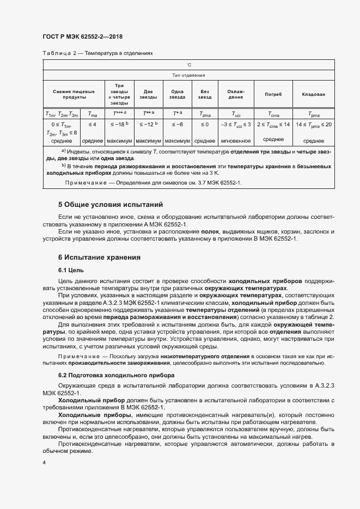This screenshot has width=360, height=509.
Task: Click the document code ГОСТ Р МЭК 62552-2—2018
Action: [x=82, y=36]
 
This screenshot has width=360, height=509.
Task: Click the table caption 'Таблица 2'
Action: [x=58, y=54]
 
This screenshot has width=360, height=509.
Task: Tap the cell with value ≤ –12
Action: [x=148, y=125]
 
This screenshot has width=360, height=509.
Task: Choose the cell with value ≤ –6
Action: [x=177, y=125]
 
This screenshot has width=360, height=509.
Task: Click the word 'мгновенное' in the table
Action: [x=235, y=140]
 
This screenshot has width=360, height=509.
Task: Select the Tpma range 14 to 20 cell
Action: [x=313, y=125]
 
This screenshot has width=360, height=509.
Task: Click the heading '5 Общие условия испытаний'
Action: [x=111, y=205]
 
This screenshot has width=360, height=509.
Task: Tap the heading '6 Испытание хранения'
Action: [x=100, y=257]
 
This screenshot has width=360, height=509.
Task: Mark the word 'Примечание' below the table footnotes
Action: [x=86, y=182]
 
